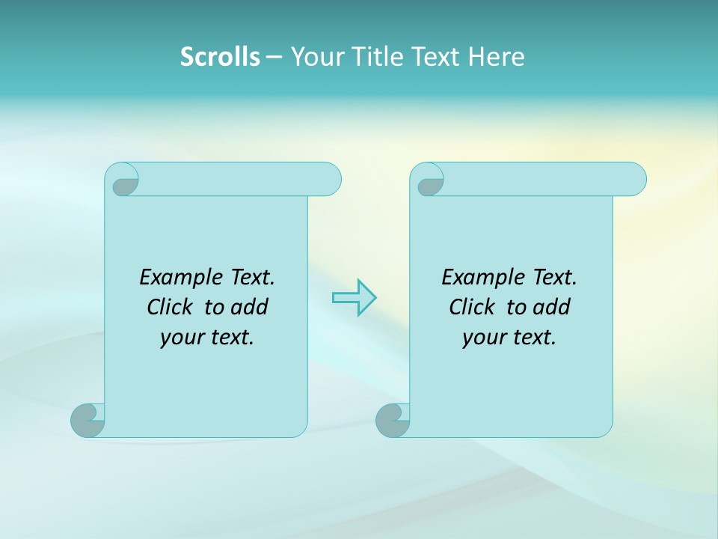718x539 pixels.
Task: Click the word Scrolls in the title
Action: point(220,57)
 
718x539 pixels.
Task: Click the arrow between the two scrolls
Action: point(354,298)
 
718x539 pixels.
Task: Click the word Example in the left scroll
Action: point(172,278)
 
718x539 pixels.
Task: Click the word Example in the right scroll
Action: point(474,278)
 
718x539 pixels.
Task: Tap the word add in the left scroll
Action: point(251,307)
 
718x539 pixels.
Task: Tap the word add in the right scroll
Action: point(553,307)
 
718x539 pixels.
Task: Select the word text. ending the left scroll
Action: point(231,338)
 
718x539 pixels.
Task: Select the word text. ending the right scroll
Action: point(533,338)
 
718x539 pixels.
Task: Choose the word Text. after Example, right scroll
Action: point(554,278)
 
